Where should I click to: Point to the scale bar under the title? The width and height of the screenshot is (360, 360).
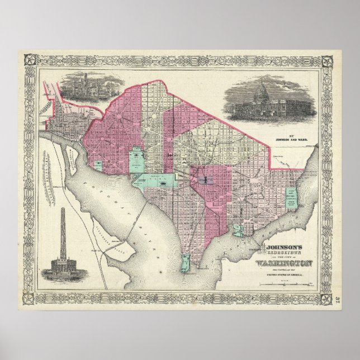[285, 287]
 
